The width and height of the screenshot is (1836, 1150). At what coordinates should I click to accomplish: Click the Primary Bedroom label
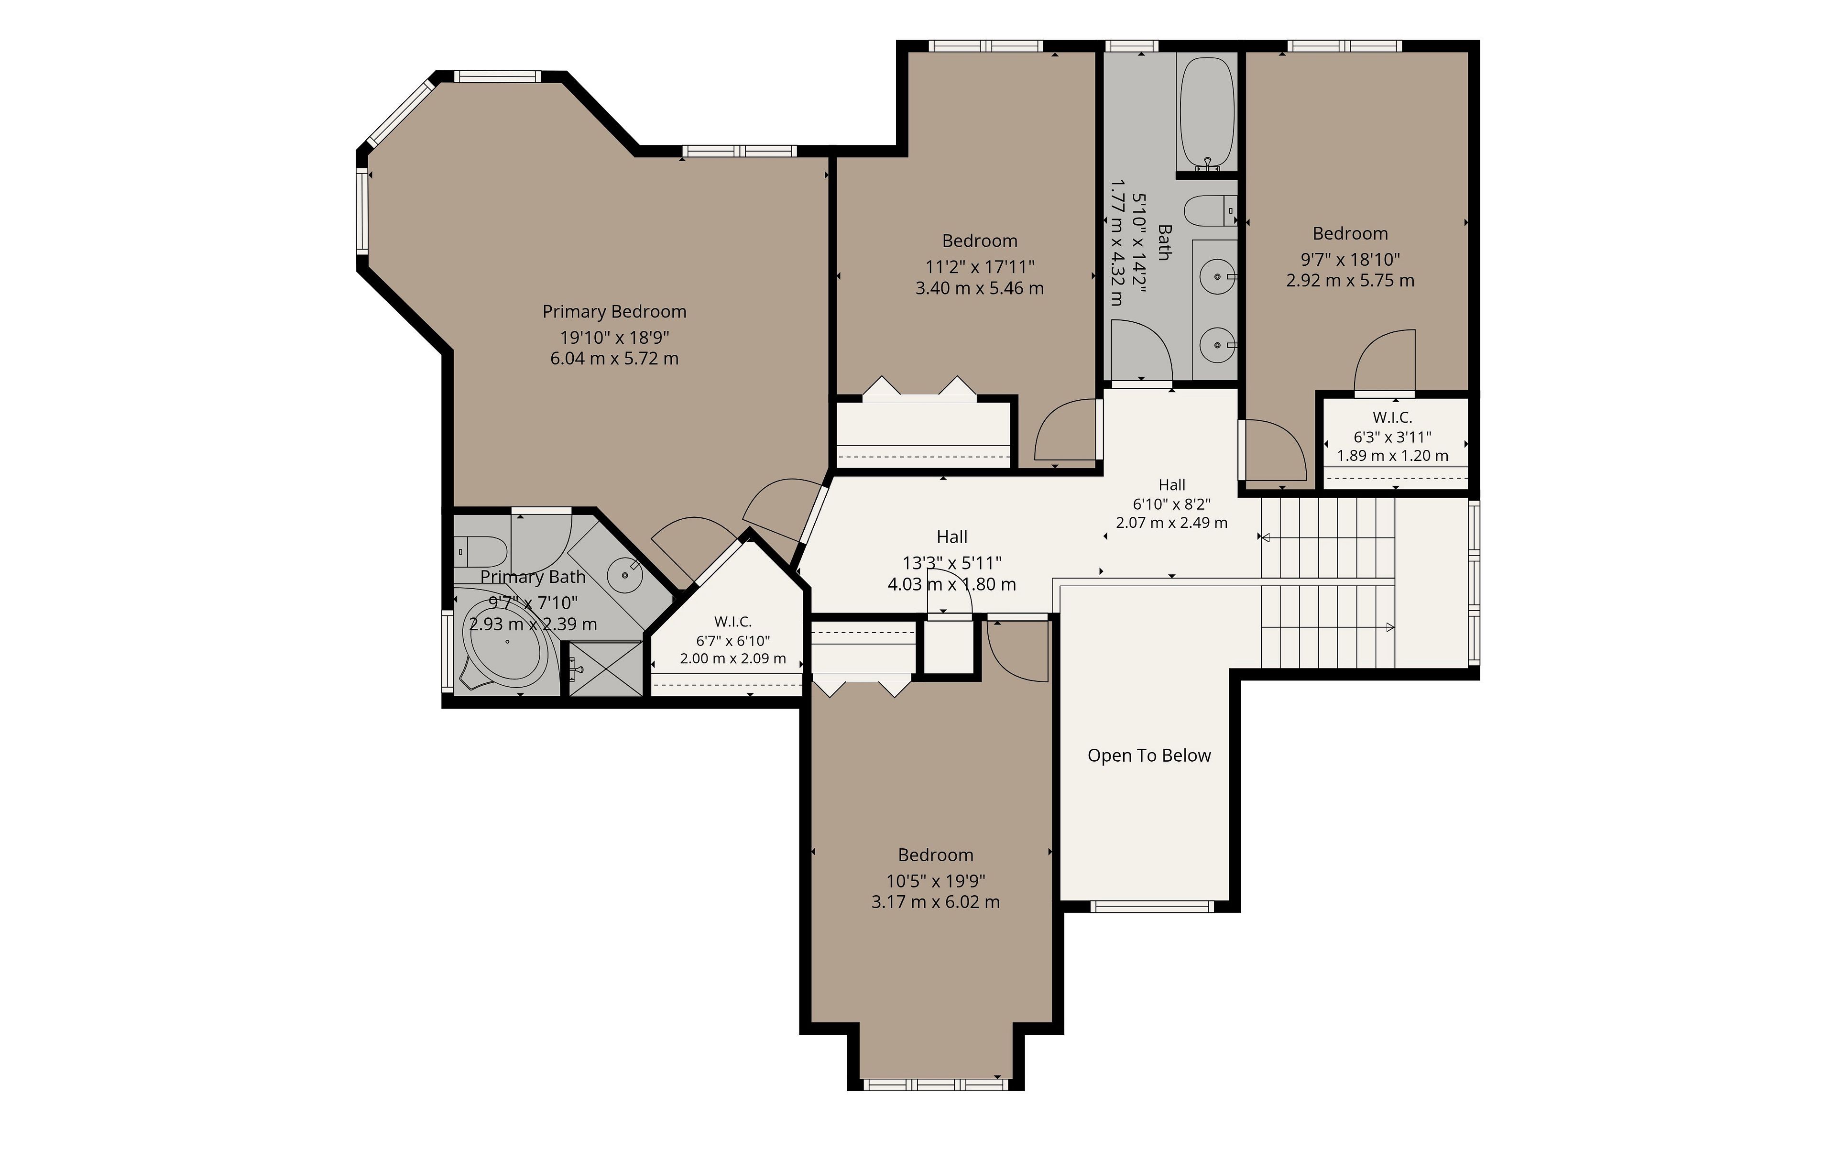(x=614, y=312)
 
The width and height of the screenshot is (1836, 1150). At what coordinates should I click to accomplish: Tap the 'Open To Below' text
(x=1148, y=755)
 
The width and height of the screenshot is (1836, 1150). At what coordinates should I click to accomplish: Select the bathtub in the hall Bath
(x=1206, y=111)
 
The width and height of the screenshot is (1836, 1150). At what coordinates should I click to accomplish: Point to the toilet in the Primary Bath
(x=481, y=550)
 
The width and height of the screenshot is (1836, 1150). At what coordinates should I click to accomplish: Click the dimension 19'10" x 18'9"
(x=614, y=337)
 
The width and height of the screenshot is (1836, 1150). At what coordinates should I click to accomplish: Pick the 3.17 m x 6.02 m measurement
(x=936, y=902)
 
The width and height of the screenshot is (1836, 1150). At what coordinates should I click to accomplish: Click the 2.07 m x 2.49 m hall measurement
(x=1171, y=523)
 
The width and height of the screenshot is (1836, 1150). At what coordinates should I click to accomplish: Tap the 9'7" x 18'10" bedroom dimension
(x=1350, y=259)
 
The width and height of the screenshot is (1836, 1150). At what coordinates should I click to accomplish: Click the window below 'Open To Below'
(x=1151, y=906)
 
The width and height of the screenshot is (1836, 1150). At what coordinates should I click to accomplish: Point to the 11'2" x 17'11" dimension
(x=980, y=267)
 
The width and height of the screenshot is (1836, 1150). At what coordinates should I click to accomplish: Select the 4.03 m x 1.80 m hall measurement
(x=951, y=584)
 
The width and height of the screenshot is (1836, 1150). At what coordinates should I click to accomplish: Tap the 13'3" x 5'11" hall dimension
(x=951, y=563)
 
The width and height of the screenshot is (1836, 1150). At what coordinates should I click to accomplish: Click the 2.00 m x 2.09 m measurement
(x=732, y=658)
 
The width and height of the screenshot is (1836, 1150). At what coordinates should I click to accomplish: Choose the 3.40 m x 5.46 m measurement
(x=980, y=288)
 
